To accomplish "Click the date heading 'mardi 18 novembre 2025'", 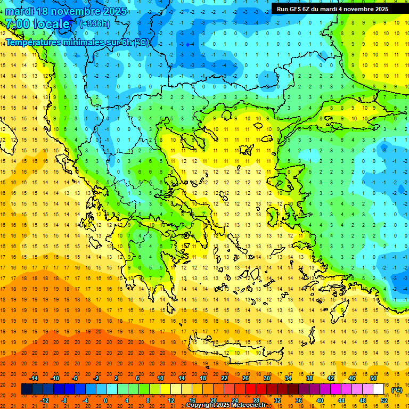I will pos(66,11).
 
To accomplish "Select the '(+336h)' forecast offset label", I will pos(95,23).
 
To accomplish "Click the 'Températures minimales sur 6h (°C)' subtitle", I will pos(78,42).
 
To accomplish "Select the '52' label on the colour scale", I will pos(384,400).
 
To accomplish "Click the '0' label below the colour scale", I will pos(105,400).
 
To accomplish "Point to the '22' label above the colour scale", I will pos(224,378).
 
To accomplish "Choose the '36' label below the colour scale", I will pos(299,400).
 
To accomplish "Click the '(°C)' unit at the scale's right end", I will pos(396,390).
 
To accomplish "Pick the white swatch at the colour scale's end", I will pos(379,389).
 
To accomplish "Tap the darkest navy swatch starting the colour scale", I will pos(27,389).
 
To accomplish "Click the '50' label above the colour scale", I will pos(373,378).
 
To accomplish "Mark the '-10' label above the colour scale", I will pos(54,378).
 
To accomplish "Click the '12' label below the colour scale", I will pos(171,400).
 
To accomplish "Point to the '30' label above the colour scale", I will pos(267,378).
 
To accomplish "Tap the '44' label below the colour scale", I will pos(341,400).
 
